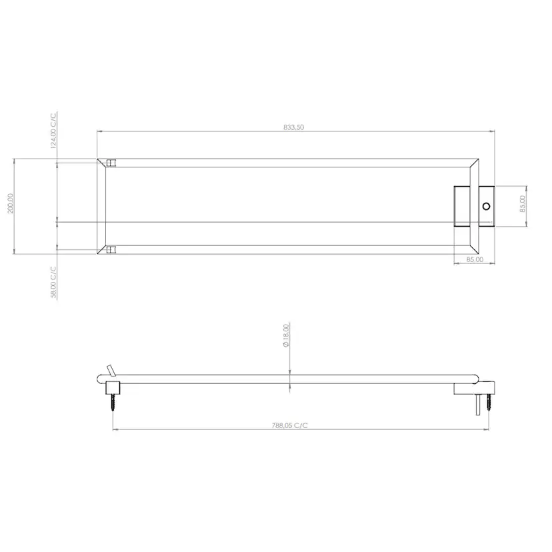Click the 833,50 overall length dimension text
(x=293, y=127)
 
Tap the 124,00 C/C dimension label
(x=54, y=131)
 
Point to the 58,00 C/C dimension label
(x=54, y=281)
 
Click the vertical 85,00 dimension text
(x=523, y=203)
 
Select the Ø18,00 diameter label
(x=285, y=336)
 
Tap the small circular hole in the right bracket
(x=486, y=207)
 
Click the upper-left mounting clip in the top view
(x=111, y=163)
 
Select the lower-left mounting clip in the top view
(x=111, y=250)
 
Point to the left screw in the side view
(x=113, y=403)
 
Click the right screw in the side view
(x=491, y=402)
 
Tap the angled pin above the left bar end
(x=110, y=370)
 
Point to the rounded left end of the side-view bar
(x=99, y=379)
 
